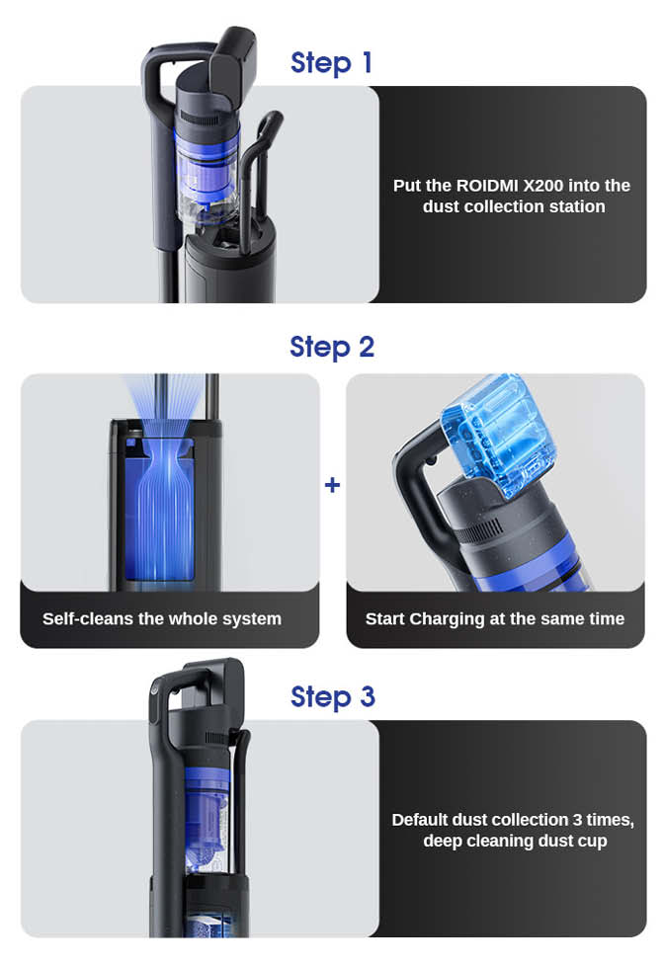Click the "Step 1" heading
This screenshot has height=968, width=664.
coord(331,62)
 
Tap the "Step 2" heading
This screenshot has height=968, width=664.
coord(332,347)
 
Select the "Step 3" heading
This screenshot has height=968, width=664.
coord(332,696)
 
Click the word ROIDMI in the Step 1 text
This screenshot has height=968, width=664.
coord(487,186)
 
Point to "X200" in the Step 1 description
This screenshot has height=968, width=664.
coord(543,186)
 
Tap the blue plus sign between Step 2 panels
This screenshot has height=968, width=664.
coord(332,485)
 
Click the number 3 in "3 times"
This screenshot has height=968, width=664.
coord(577,819)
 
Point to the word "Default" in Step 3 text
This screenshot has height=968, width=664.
coord(419,819)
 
